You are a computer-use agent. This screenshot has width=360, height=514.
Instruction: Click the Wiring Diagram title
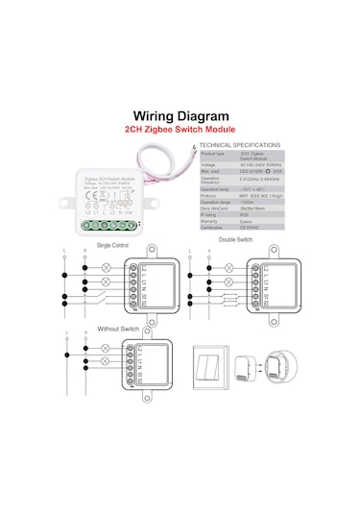point(180,113)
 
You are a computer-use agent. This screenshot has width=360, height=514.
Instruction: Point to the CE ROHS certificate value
point(252,226)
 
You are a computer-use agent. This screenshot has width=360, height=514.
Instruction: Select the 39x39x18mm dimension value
point(252,208)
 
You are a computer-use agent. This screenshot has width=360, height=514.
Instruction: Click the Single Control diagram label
point(113,245)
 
